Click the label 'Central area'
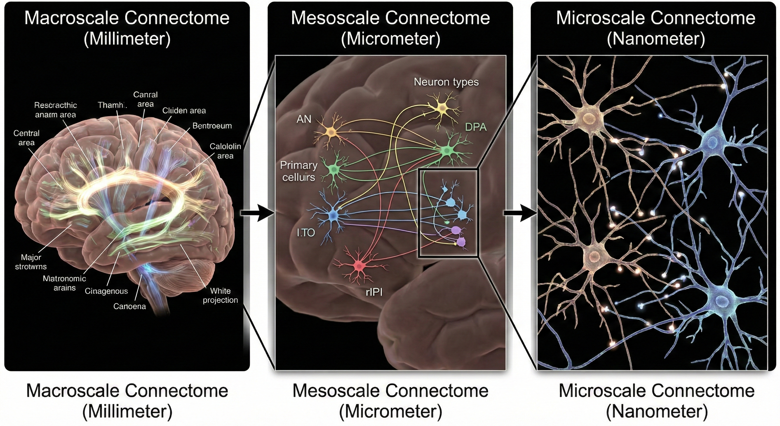(26, 138)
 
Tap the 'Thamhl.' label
(112, 105)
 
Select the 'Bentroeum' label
(212, 126)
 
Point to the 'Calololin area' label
(225, 151)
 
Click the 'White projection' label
(220, 295)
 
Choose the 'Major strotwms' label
(31, 262)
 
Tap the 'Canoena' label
(130, 306)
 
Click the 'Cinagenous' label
(106, 291)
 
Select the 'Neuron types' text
(446, 82)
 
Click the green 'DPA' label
(476, 127)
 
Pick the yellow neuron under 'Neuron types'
(442, 108)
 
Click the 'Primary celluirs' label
(299, 171)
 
